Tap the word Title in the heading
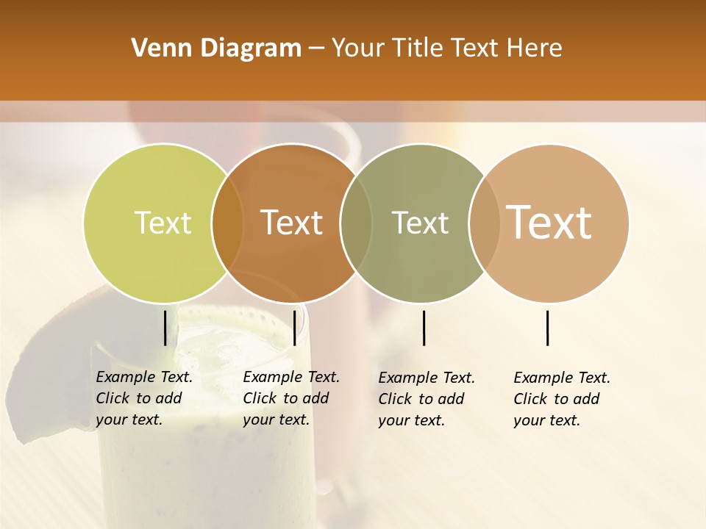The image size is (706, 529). tap(417, 48)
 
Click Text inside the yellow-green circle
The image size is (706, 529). tap(163, 223)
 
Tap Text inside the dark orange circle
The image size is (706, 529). tap(292, 223)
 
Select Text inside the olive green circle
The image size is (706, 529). tap(420, 223)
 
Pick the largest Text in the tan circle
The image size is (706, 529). tap(549, 223)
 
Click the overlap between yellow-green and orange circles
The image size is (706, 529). tap(227, 223)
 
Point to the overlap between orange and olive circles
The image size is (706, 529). tap(356, 223)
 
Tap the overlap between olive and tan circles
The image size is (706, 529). tap(484, 223)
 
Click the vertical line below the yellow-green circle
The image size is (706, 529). tap(165, 328)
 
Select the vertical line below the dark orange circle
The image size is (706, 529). tap(294, 328)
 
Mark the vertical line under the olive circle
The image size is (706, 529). tap(424, 328)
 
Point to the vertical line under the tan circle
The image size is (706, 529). tap(548, 328)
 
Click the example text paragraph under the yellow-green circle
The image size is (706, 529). tap(144, 398)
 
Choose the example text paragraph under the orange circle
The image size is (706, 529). tap(291, 398)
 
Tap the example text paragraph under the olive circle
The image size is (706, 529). tap(427, 399)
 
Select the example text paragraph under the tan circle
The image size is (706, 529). tap(562, 399)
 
